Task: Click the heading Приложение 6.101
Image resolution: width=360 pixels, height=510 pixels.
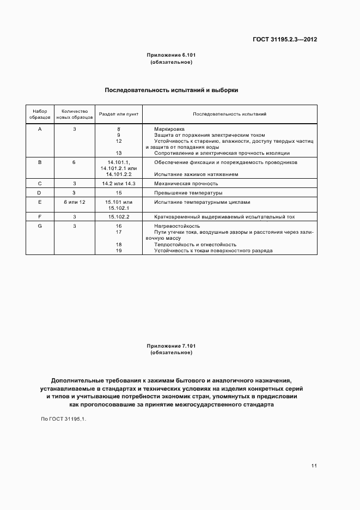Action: [x=171, y=56]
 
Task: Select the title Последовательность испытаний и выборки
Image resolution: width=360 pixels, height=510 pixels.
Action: [x=171, y=90]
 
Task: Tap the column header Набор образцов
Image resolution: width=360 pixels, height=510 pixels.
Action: [x=40, y=114]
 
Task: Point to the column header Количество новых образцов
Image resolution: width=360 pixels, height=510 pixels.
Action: [x=75, y=114]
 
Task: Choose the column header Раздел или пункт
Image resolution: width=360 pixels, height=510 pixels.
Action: [x=118, y=114]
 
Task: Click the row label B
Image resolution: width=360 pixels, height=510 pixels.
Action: [x=40, y=162]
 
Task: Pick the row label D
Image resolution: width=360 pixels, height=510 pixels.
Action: [x=40, y=193]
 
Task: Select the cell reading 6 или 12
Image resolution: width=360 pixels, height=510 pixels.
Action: [x=75, y=202]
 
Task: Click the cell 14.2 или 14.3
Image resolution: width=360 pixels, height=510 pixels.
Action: [x=118, y=184]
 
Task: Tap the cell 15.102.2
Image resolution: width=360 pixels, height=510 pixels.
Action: [x=118, y=217]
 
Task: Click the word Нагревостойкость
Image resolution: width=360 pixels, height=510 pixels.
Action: [x=177, y=226]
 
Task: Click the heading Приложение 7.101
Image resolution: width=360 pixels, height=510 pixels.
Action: [x=171, y=346]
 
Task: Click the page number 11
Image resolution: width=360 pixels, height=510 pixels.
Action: [x=314, y=466]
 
